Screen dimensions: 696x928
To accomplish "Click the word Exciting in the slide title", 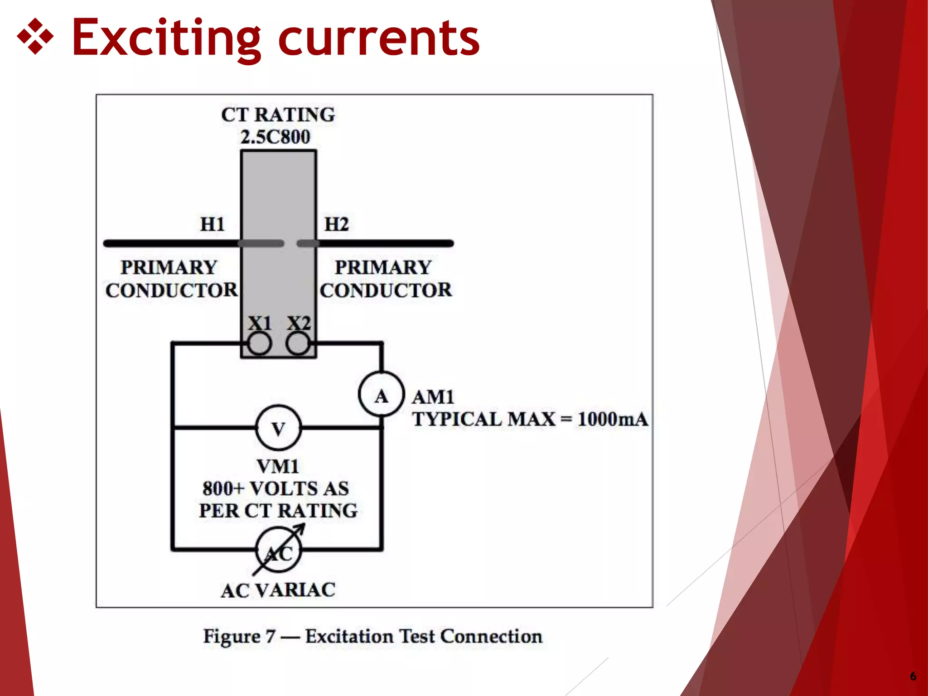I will [x=166, y=38].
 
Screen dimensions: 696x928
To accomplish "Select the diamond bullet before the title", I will [x=35, y=37].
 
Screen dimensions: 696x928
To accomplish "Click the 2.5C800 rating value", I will [x=275, y=137].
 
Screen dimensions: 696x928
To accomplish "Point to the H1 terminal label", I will [x=213, y=224].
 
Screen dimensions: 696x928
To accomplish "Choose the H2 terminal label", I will [x=337, y=224].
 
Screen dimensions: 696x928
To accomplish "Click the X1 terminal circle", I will [x=260, y=344].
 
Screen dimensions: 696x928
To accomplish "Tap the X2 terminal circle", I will [x=298, y=344].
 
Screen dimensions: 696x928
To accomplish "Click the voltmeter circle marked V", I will [x=278, y=428].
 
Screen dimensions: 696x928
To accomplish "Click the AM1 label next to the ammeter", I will [x=433, y=397].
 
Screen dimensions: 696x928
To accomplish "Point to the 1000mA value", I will [x=613, y=419].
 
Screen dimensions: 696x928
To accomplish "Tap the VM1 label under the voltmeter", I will [x=278, y=466].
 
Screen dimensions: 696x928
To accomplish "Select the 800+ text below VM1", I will [x=223, y=488].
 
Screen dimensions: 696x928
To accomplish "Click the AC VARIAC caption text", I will [x=278, y=590].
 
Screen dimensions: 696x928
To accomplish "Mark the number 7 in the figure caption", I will [x=271, y=637].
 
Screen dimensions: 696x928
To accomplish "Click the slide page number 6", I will [x=913, y=676].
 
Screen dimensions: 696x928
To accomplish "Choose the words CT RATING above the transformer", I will [x=278, y=115].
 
